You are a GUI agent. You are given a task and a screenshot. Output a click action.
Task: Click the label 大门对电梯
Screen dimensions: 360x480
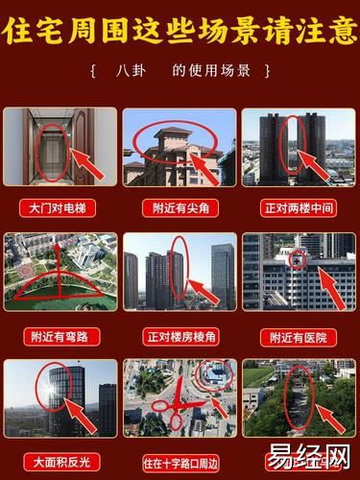[58, 208]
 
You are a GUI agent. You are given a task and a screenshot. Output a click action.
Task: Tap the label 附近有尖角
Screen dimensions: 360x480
[180, 208]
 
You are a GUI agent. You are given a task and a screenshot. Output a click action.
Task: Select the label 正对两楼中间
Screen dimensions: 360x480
[299, 208]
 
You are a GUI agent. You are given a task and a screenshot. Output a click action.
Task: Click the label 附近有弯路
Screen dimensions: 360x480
[61, 337]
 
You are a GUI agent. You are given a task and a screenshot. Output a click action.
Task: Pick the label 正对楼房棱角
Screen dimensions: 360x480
[180, 337]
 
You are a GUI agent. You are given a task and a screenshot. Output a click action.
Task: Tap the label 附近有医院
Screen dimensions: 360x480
[299, 338]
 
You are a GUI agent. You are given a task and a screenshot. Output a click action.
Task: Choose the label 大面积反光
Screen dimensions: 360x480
[61, 463]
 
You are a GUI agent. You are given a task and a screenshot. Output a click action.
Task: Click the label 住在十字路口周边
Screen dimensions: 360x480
[180, 463]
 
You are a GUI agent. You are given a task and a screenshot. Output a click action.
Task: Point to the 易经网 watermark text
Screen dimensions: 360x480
[308, 457]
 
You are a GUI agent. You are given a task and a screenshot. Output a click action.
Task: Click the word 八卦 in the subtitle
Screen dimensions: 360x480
[131, 71]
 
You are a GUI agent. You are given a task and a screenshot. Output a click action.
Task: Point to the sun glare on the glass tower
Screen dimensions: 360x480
[51, 390]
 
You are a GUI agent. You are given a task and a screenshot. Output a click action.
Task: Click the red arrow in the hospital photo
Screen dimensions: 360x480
[333, 288]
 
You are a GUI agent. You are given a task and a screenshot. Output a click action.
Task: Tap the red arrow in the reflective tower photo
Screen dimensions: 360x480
[80, 416]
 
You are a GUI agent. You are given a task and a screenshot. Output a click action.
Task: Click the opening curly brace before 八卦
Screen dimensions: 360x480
[93, 71]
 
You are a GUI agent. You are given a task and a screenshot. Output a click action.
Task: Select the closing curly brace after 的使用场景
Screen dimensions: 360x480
[268, 71]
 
